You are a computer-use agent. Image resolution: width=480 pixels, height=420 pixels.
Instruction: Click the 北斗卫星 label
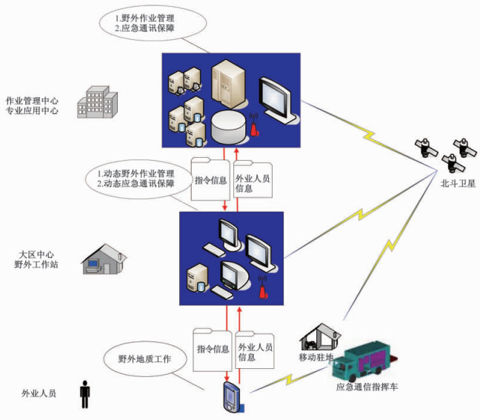point(458,184)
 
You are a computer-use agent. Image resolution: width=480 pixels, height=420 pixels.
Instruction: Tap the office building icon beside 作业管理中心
point(97,102)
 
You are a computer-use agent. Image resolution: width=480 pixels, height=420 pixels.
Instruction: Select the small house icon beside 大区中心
point(104,259)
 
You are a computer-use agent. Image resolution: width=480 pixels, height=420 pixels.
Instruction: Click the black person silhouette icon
point(84,394)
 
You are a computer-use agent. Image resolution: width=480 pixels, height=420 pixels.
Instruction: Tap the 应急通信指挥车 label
point(367,387)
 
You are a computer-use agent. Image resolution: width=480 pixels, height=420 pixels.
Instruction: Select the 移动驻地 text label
point(316,357)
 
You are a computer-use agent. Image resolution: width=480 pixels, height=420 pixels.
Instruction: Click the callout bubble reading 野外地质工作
point(145,359)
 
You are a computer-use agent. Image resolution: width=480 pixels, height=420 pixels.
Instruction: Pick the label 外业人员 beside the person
point(39,393)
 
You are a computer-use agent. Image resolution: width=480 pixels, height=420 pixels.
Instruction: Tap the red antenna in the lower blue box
point(263,287)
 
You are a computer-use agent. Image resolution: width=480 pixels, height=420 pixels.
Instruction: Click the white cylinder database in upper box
point(229,127)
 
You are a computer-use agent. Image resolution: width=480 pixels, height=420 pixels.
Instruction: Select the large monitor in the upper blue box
point(277,101)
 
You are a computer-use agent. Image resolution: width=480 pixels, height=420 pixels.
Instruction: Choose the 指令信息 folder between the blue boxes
point(210,179)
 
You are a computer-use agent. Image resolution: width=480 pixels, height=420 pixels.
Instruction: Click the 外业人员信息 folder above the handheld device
point(255,350)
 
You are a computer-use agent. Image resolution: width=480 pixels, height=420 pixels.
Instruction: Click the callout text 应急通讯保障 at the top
point(148,28)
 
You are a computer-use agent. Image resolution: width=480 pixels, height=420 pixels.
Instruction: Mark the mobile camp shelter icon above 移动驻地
point(320,337)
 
